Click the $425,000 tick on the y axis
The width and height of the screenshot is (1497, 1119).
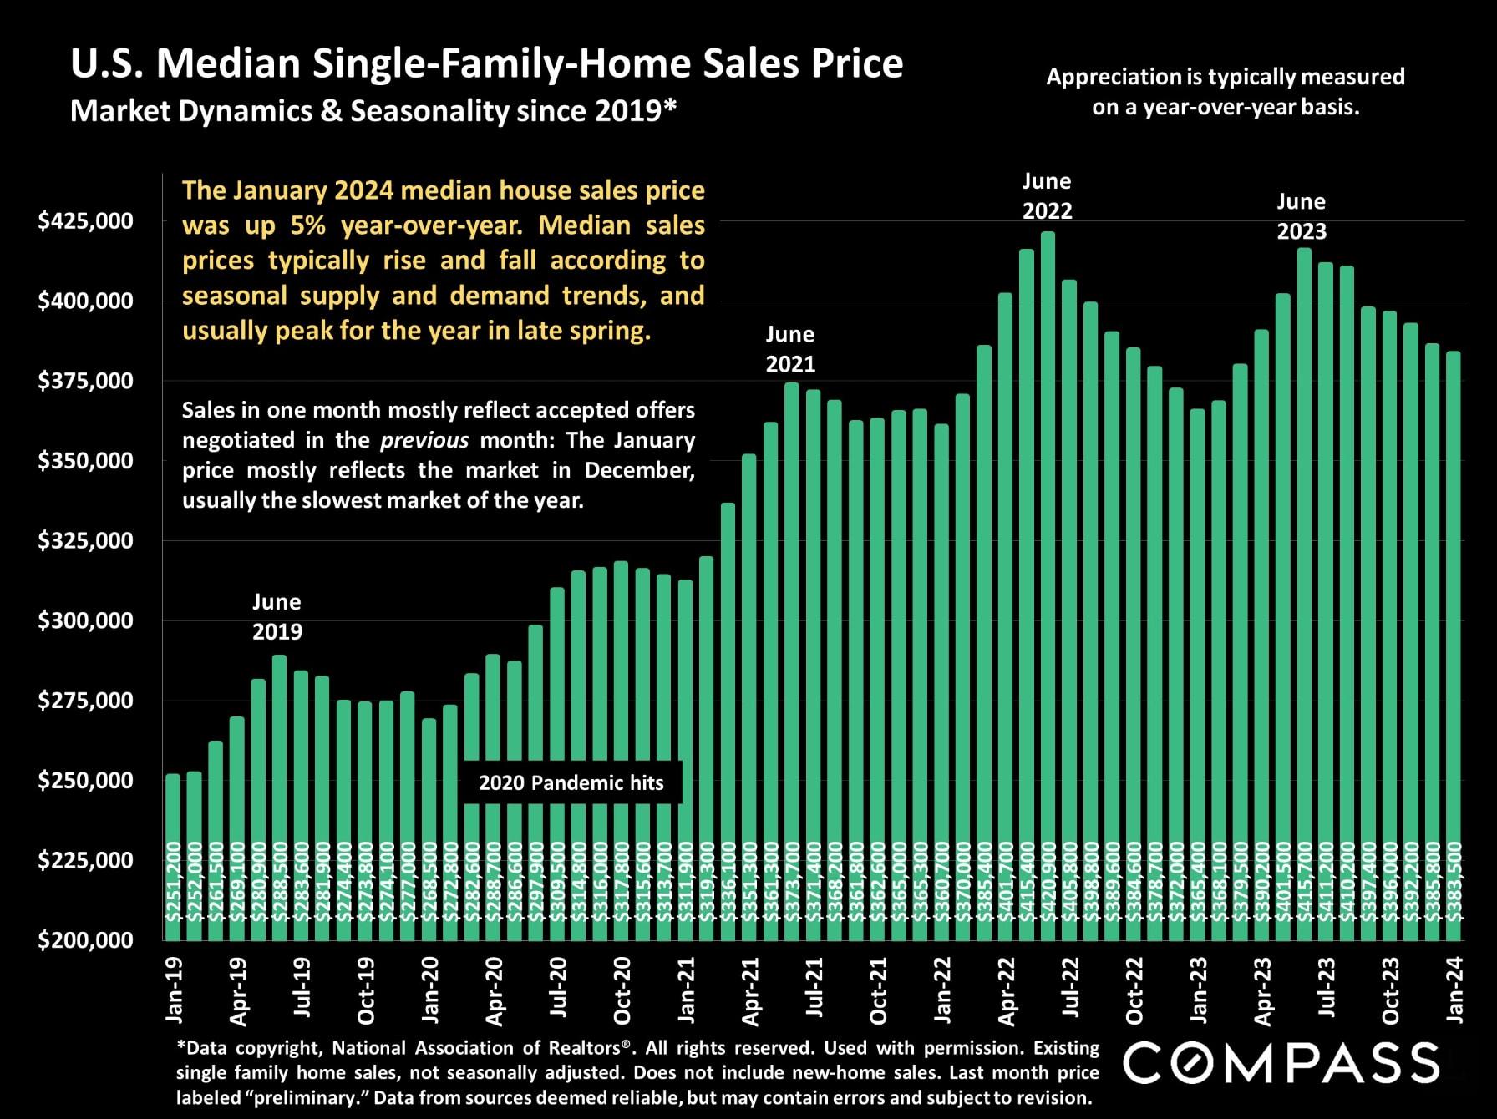[x=85, y=221]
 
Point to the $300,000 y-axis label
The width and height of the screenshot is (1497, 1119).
[x=85, y=620]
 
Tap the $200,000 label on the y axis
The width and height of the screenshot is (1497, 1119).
[x=85, y=940]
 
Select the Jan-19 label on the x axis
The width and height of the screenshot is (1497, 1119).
[x=174, y=990]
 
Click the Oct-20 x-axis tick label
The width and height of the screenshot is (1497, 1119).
[x=622, y=990]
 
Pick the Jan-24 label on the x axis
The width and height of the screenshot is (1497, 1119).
[x=1454, y=990]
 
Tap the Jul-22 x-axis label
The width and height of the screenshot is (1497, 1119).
[x=1070, y=988]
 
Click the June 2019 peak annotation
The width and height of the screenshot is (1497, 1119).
[x=277, y=616]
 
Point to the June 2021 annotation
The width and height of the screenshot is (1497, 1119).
[x=790, y=348]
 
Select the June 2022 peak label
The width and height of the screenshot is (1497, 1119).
[x=1047, y=195]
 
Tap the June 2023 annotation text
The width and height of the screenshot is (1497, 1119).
[x=1302, y=216]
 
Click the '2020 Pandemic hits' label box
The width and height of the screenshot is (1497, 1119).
[x=571, y=782]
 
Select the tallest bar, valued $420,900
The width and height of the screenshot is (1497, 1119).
[x=1048, y=585]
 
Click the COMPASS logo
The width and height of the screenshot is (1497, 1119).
[x=1281, y=1063]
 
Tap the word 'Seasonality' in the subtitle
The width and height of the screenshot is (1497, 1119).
[x=427, y=111]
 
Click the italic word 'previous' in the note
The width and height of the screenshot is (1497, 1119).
[x=424, y=440]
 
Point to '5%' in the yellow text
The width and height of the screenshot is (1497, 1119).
[x=308, y=225]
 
